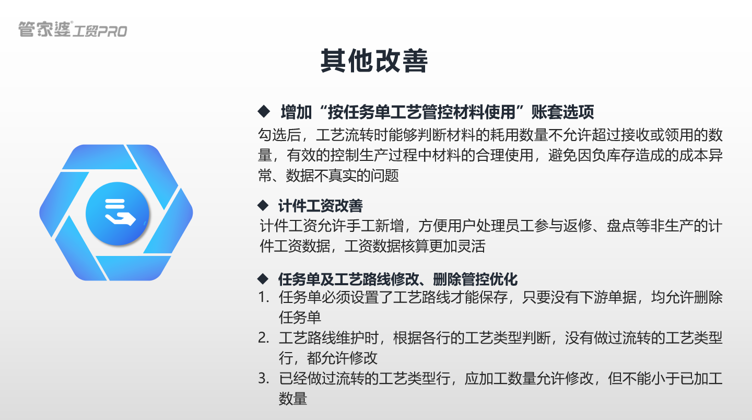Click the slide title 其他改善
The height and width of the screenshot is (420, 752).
point(374,62)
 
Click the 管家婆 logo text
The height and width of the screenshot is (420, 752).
point(44,29)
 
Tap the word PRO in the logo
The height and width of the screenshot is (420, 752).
point(112,31)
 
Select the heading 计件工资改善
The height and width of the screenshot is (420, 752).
point(320,206)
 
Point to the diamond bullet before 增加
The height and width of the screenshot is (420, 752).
point(263,111)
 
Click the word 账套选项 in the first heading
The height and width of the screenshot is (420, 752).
point(562,112)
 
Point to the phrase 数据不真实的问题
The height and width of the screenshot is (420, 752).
point(342,176)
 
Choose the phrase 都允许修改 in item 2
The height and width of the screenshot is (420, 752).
point(342,358)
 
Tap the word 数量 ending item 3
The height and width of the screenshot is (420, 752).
point(293,399)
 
